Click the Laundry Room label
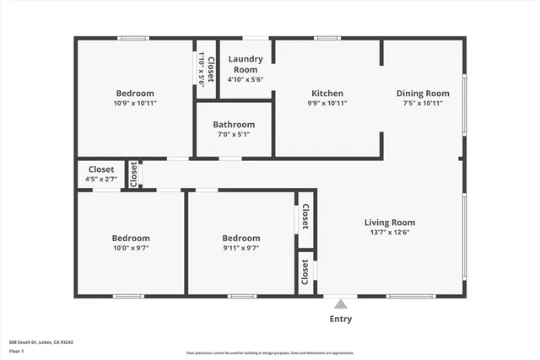click(x=246, y=64)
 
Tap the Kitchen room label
click(x=327, y=93)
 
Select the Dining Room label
click(x=420, y=93)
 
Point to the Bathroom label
click(x=234, y=123)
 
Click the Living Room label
click(x=390, y=223)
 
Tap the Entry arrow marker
click(x=340, y=304)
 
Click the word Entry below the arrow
click(x=340, y=319)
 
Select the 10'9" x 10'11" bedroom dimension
click(x=135, y=103)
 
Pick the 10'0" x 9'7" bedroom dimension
click(x=131, y=248)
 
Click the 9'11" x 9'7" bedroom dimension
click(x=240, y=248)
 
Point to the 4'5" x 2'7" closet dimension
click(x=101, y=180)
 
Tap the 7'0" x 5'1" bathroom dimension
click(x=234, y=134)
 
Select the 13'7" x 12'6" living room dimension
click(x=390, y=234)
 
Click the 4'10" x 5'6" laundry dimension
click(x=246, y=79)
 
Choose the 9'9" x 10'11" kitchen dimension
click(x=327, y=103)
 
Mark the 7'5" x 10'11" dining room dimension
click(x=420, y=103)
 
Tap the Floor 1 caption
click(x=16, y=351)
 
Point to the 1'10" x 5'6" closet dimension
click(x=202, y=71)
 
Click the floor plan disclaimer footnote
click(x=270, y=352)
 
